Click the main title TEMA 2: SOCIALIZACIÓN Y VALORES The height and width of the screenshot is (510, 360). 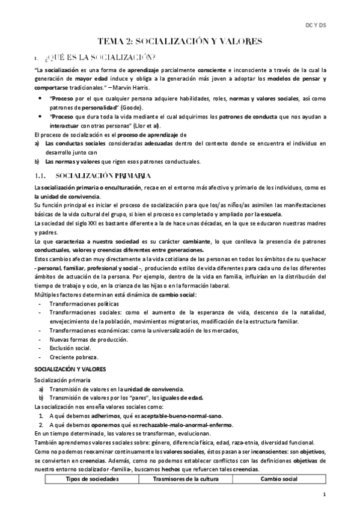coord(180,41)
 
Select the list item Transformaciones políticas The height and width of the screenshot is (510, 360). coord(84,304)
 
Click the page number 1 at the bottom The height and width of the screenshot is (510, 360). coord(324,494)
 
